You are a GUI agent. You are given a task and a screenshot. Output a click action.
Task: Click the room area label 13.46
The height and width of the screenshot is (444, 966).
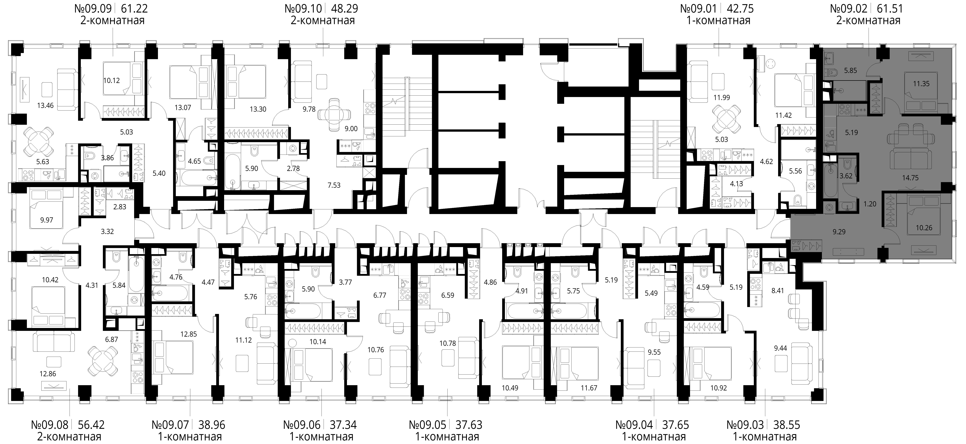[45, 105]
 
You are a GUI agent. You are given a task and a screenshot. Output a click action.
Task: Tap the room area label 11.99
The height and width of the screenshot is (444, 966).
[721, 98]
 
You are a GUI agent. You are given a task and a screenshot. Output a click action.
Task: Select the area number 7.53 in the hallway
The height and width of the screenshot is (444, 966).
[334, 185]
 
